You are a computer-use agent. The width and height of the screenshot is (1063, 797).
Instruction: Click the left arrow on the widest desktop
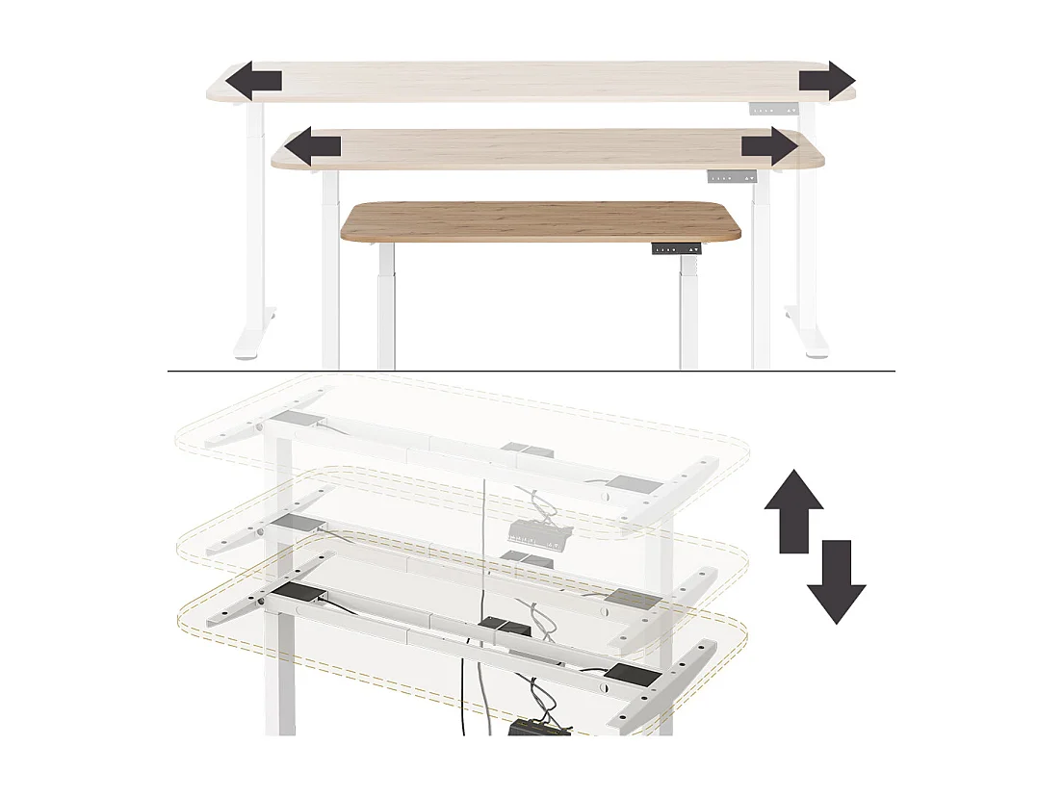(254, 81)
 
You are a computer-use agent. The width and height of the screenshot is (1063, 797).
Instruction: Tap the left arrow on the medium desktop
(314, 147)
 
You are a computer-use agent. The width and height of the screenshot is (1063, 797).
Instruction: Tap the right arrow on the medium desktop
(769, 148)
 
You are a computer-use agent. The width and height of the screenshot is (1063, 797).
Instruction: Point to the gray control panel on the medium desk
(733, 177)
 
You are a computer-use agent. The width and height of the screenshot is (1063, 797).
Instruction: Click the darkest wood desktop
(542, 220)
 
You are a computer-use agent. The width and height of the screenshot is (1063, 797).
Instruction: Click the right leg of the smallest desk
(687, 308)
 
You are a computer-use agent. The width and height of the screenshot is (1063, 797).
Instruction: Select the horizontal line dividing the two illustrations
(531, 371)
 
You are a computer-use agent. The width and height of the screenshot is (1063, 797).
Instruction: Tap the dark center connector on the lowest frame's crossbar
(500, 628)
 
